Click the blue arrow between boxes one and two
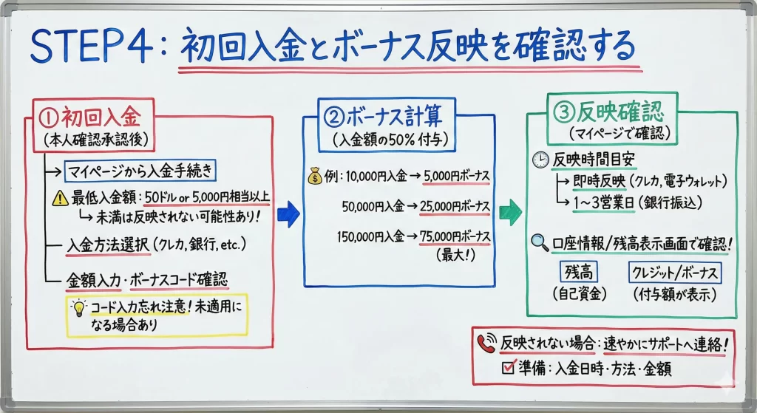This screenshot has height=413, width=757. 288,214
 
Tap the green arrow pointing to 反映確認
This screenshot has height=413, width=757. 510,212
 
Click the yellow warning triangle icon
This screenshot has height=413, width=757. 58,198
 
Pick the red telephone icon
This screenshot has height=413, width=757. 486,343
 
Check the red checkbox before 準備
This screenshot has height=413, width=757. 508,367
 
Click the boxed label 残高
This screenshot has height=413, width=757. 580,272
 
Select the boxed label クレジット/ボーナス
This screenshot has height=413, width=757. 673,272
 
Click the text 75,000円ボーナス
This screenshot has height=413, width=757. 455,236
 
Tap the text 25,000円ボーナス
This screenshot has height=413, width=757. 455,207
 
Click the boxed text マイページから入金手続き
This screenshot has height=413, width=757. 140,172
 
